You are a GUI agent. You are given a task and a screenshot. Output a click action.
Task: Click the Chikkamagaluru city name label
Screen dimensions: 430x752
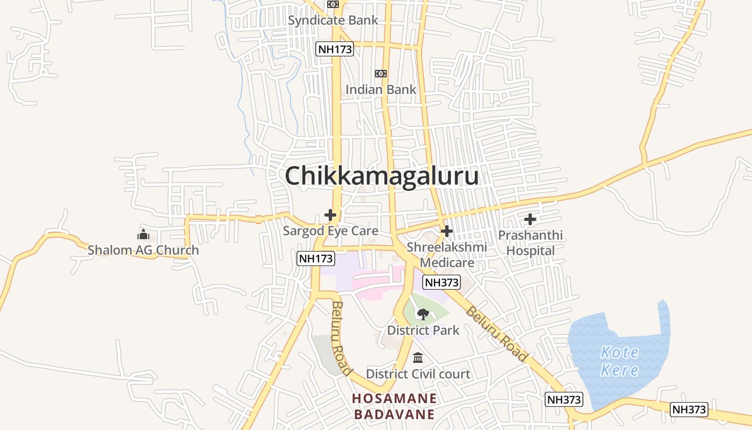[381, 176]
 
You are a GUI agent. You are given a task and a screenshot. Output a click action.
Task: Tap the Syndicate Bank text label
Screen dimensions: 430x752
[333, 20]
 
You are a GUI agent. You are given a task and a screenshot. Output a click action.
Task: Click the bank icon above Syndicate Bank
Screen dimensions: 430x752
[333, 4]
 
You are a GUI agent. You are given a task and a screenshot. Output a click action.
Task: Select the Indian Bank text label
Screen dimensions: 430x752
[381, 89]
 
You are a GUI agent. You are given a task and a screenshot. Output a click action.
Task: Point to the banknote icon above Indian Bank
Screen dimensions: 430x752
[381, 73]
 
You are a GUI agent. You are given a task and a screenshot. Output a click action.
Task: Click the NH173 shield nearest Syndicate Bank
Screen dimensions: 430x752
[335, 49]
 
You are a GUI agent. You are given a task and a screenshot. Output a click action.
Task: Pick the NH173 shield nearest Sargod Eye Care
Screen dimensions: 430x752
[316, 259]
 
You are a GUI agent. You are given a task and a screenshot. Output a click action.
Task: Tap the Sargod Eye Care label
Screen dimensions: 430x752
[330, 231]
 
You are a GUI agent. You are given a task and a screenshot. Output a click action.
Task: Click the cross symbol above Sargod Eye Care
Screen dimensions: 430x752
[330, 215]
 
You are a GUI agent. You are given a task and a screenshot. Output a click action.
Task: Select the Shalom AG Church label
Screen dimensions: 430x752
[143, 250]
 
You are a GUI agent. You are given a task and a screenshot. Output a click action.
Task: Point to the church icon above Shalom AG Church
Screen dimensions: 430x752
[143, 234]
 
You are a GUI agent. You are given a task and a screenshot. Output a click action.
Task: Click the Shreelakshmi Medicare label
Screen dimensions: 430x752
[447, 255]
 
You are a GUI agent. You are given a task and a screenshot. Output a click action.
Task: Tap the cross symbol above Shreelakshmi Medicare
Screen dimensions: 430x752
[446, 231]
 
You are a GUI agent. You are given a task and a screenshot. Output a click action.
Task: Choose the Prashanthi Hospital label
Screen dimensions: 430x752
[530, 243]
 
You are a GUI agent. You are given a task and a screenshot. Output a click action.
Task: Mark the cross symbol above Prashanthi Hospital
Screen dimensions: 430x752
[530, 219]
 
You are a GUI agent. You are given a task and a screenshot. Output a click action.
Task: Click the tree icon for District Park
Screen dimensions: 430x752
[423, 314]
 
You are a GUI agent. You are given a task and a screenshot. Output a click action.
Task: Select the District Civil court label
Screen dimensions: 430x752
[418, 374]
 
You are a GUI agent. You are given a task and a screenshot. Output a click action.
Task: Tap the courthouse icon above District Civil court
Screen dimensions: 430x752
[418, 357]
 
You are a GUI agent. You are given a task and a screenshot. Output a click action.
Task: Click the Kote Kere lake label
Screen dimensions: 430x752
[619, 361]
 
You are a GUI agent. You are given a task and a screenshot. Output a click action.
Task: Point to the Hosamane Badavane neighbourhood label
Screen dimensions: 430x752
[394, 406]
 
